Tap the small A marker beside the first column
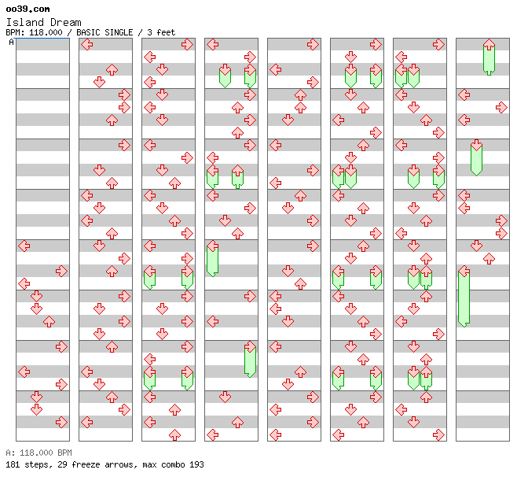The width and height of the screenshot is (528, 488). tap(11, 42)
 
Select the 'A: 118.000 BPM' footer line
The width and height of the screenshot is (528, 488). tap(38, 453)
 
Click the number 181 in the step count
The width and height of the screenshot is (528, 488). tap(13, 464)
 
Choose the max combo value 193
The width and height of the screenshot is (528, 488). tap(196, 464)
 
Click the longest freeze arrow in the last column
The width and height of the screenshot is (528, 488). tap(464, 297)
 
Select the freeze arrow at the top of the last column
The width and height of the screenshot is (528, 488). tap(489, 57)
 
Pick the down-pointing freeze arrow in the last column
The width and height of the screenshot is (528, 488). tap(476, 157)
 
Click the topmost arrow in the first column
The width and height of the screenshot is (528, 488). tap(24, 246)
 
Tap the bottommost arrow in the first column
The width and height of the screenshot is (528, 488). tap(61, 422)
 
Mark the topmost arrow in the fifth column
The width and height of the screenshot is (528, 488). tap(313, 44)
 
